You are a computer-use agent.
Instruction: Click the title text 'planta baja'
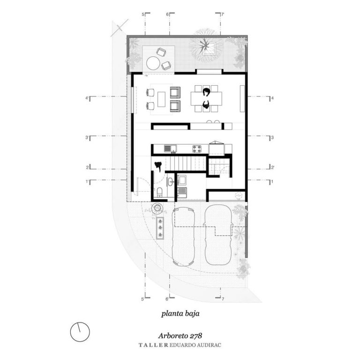click(180, 314)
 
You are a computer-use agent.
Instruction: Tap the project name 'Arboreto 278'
click(180, 336)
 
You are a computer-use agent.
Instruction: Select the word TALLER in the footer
click(153, 345)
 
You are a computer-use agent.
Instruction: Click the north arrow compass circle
click(80, 332)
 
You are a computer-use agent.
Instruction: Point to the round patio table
click(153, 63)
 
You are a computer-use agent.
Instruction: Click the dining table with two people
click(206, 99)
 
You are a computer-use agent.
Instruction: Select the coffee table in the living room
click(161, 99)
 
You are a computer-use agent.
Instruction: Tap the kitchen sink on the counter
click(170, 149)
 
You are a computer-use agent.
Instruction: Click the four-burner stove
click(197, 149)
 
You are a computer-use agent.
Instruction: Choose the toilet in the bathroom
click(159, 192)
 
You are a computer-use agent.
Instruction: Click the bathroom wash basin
click(170, 182)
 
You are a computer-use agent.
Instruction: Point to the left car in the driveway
click(183, 236)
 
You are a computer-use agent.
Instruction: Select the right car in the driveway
click(218, 235)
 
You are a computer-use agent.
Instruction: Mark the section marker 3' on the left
click(87, 137)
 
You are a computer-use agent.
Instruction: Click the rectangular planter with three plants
click(160, 228)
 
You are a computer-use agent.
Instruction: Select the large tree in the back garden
click(205, 45)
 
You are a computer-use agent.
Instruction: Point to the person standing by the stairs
click(158, 166)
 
